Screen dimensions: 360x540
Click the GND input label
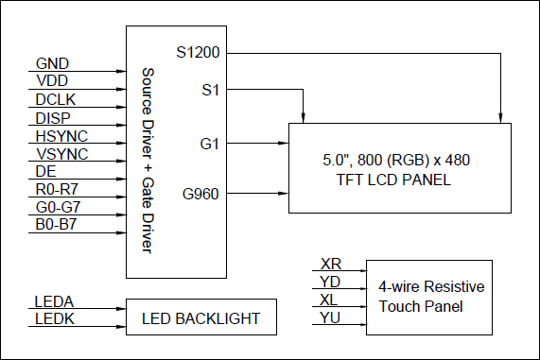tap(52, 64)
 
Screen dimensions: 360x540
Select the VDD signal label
tap(52, 82)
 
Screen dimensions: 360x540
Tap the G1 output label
tap(209, 143)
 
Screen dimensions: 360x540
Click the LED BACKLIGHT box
tap(200, 318)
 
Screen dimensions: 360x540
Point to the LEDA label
tap(55, 301)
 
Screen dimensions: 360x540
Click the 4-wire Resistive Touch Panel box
tap(428, 297)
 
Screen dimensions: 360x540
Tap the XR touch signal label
tap(332, 264)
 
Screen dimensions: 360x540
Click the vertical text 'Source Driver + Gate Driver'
tap(147, 161)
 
